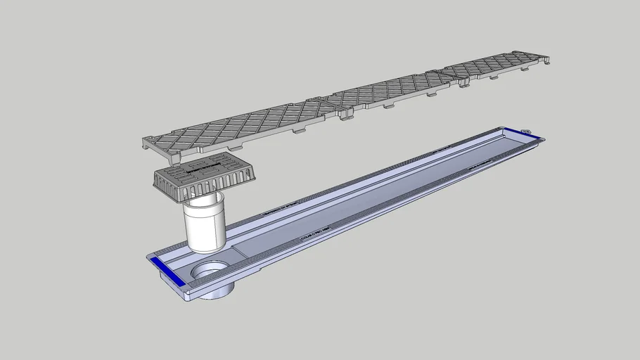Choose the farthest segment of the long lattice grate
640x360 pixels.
[496, 66]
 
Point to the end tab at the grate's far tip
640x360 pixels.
[546, 62]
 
